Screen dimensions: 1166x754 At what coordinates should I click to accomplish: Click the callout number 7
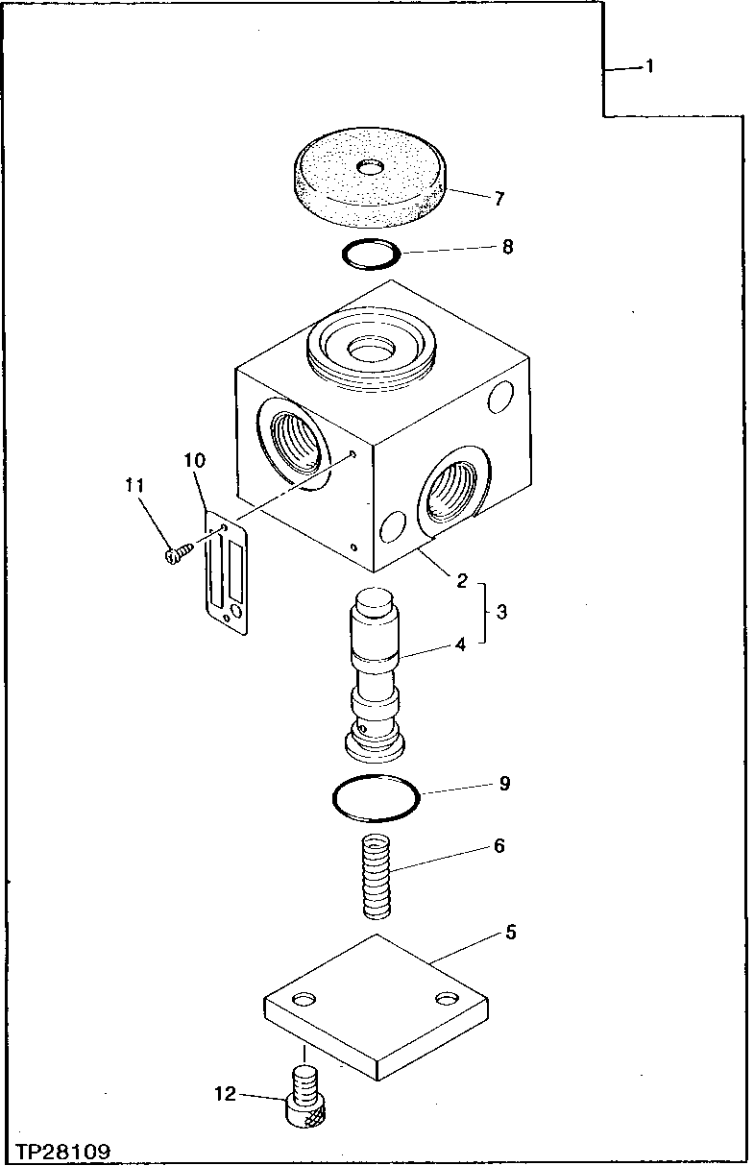click(x=499, y=199)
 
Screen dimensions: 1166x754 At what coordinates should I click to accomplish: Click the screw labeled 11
click(x=175, y=552)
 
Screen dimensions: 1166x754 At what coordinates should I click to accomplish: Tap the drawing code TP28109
click(x=63, y=1151)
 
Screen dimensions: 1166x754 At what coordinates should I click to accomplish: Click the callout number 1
click(x=649, y=66)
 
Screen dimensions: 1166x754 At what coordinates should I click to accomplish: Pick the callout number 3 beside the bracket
click(x=502, y=610)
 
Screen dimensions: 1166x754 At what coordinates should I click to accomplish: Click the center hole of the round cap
click(x=369, y=168)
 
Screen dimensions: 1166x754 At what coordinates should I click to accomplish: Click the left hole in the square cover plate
click(x=304, y=999)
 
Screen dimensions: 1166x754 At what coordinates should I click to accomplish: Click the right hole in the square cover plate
click(x=444, y=999)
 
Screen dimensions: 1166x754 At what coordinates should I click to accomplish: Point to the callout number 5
click(x=511, y=933)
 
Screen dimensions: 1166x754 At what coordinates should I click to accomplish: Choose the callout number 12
click(x=224, y=1094)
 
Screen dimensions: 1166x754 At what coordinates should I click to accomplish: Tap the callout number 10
click(x=194, y=461)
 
